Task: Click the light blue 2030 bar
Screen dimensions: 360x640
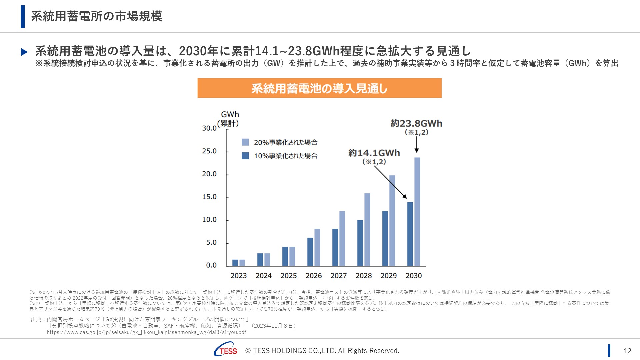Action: (x=417, y=212)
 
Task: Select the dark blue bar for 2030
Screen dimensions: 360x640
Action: (x=410, y=234)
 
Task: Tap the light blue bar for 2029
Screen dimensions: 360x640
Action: (x=392, y=221)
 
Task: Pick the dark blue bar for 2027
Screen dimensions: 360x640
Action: (x=335, y=247)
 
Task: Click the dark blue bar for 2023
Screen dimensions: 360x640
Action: (x=235, y=263)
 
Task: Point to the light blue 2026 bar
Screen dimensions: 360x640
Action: (x=317, y=247)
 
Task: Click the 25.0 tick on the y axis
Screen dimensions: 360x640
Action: (x=209, y=151)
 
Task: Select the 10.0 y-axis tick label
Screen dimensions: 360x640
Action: (x=209, y=220)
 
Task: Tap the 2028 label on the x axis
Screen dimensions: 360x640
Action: (x=363, y=276)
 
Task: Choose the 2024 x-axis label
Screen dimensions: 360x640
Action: (x=263, y=276)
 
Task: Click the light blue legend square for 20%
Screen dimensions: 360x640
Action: (x=245, y=142)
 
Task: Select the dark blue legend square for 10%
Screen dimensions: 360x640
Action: (x=245, y=156)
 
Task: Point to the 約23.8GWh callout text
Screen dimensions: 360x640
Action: (x=416, y=124)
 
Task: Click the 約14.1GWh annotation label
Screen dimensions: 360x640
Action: (x=374, y=153)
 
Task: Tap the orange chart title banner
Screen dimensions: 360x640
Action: (x=319, y=88)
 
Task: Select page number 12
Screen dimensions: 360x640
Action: (x=627, y=351)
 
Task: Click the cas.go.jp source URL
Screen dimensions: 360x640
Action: (x=146, y=332)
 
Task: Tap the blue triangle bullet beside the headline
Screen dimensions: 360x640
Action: (x=24, y=52)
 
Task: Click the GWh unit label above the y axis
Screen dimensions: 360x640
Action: (x=230, y=115)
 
